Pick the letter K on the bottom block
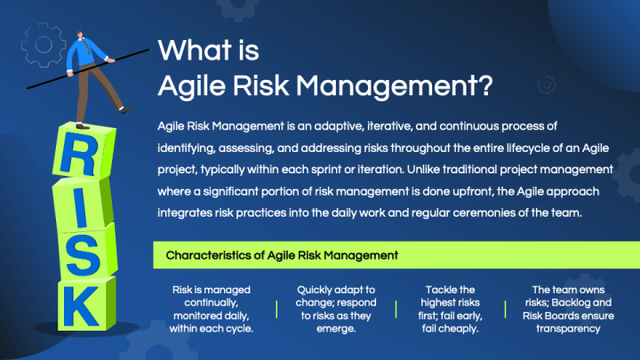[x=83, y=308]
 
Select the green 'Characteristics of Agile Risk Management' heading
[x=281, y=255]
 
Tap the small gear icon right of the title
[x=548, y=84]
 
